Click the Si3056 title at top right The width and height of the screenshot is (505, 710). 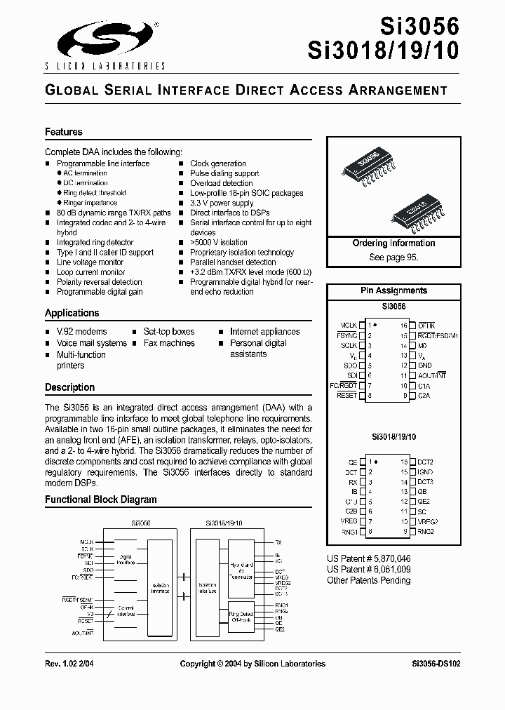tap(419, 26)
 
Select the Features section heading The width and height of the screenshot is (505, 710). tap(64, 132)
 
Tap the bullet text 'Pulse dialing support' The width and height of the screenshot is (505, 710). tap(224, 173)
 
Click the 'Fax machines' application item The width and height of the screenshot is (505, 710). tap(168, 343)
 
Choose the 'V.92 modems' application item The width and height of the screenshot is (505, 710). tap(81, 331)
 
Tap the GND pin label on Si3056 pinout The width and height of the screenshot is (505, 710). tap(424, 366)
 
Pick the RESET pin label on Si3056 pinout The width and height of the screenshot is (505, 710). tap(346, 396)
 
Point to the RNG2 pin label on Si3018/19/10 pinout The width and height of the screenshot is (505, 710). tap(426, 532)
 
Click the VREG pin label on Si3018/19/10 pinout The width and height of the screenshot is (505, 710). tap(348, 522)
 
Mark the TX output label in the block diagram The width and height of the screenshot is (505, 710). tap(278, 542)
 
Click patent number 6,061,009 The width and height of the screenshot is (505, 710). tap(369, 570)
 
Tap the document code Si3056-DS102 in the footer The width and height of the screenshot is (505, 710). tap(436, 664)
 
